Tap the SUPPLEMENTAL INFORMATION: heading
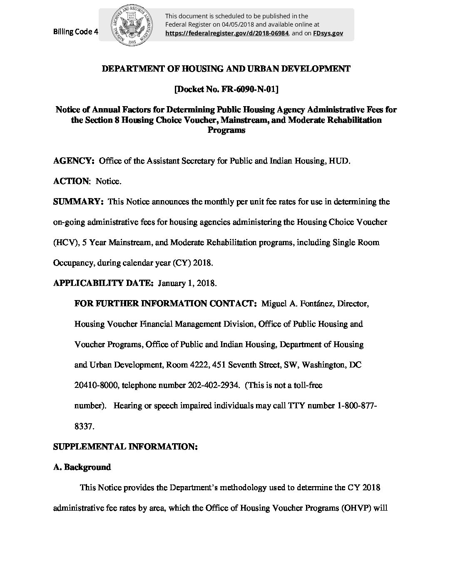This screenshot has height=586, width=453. [125, 447]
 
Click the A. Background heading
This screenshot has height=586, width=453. [82, 467]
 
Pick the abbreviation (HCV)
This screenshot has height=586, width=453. [65, 243]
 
